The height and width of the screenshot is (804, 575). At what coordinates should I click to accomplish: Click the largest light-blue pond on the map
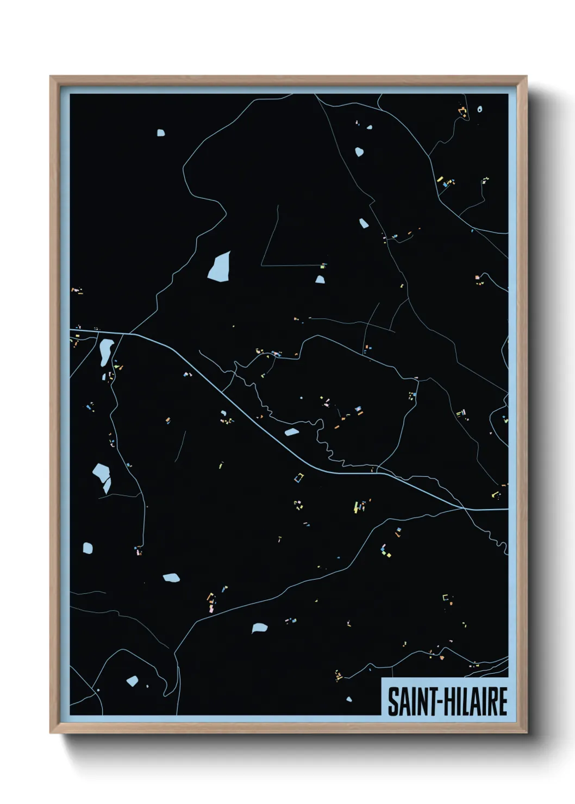point(219,266)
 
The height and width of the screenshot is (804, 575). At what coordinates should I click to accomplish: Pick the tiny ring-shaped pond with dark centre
point(479,109)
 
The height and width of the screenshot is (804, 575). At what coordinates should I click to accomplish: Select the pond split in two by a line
point(102,476)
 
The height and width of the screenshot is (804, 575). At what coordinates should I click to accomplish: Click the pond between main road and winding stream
point(291,432)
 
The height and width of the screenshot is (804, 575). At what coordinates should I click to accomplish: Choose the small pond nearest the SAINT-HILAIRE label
point(348,699)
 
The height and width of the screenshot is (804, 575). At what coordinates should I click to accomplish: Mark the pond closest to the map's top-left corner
point(160,132)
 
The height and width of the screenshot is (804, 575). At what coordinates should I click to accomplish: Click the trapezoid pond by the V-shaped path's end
point(320,279)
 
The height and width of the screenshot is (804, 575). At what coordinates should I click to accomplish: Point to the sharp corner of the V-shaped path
point(261,265)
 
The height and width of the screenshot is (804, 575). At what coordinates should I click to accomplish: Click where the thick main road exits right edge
point(507,509)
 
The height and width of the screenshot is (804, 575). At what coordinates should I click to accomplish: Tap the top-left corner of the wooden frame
point(51,77)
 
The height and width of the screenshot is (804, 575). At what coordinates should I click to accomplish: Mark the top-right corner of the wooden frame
point(526,77)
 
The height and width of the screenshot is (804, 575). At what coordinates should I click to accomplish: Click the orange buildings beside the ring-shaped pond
point(464,112)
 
